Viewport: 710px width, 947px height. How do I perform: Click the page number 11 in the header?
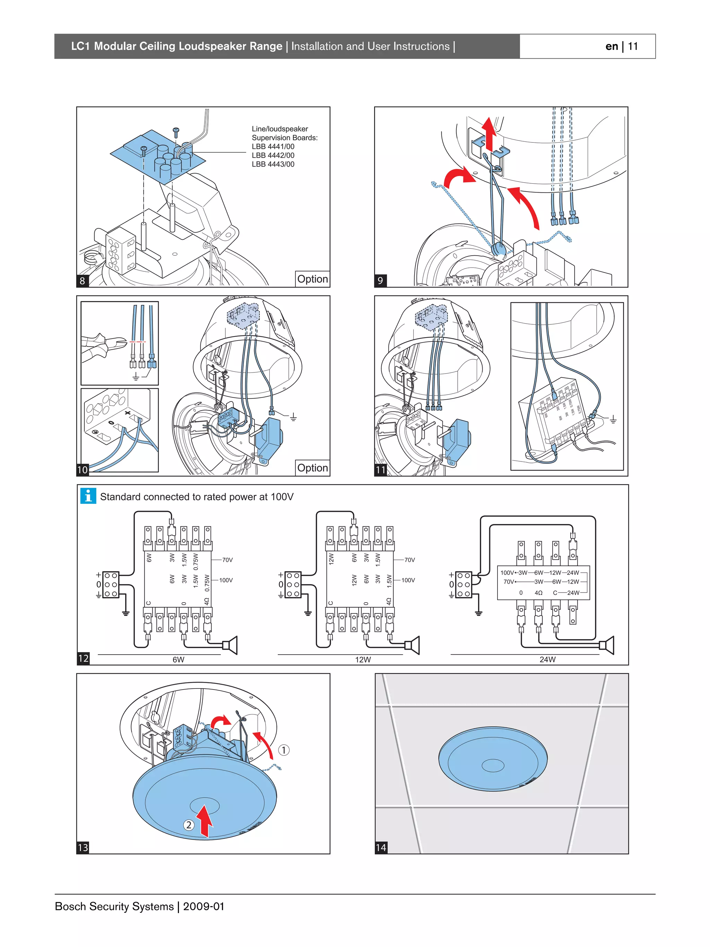tap(633, 46)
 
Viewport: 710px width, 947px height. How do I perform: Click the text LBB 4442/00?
tap(273, 155)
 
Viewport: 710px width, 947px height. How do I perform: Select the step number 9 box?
tap(380, 281)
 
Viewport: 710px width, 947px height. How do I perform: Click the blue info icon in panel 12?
tap(88, 496)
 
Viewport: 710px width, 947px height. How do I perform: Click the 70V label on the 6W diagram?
tap(227, 560)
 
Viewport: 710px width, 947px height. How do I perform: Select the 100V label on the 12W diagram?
tap(408, 580)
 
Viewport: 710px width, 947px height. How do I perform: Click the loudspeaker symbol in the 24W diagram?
tap(607, 646)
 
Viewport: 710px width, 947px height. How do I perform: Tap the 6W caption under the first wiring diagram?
tap(178, 660)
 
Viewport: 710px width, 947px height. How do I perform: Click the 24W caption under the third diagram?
tap(547, 660)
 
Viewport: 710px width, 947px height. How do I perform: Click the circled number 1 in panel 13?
tap(284, 750)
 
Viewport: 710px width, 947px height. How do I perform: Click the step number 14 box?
tap(381, 847)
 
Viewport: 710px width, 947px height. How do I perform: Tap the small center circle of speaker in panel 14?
tap(493, 765)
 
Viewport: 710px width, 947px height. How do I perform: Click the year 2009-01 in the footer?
tap(204, 906)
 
